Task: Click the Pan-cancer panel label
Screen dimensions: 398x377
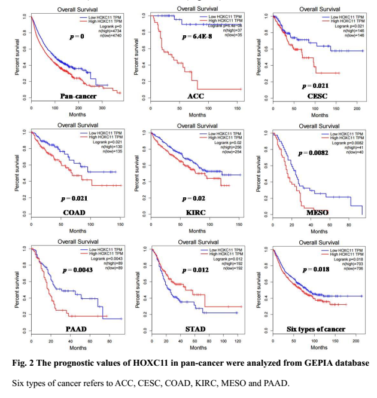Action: point(78,96)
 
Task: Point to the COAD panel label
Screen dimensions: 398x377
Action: point(74,212)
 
